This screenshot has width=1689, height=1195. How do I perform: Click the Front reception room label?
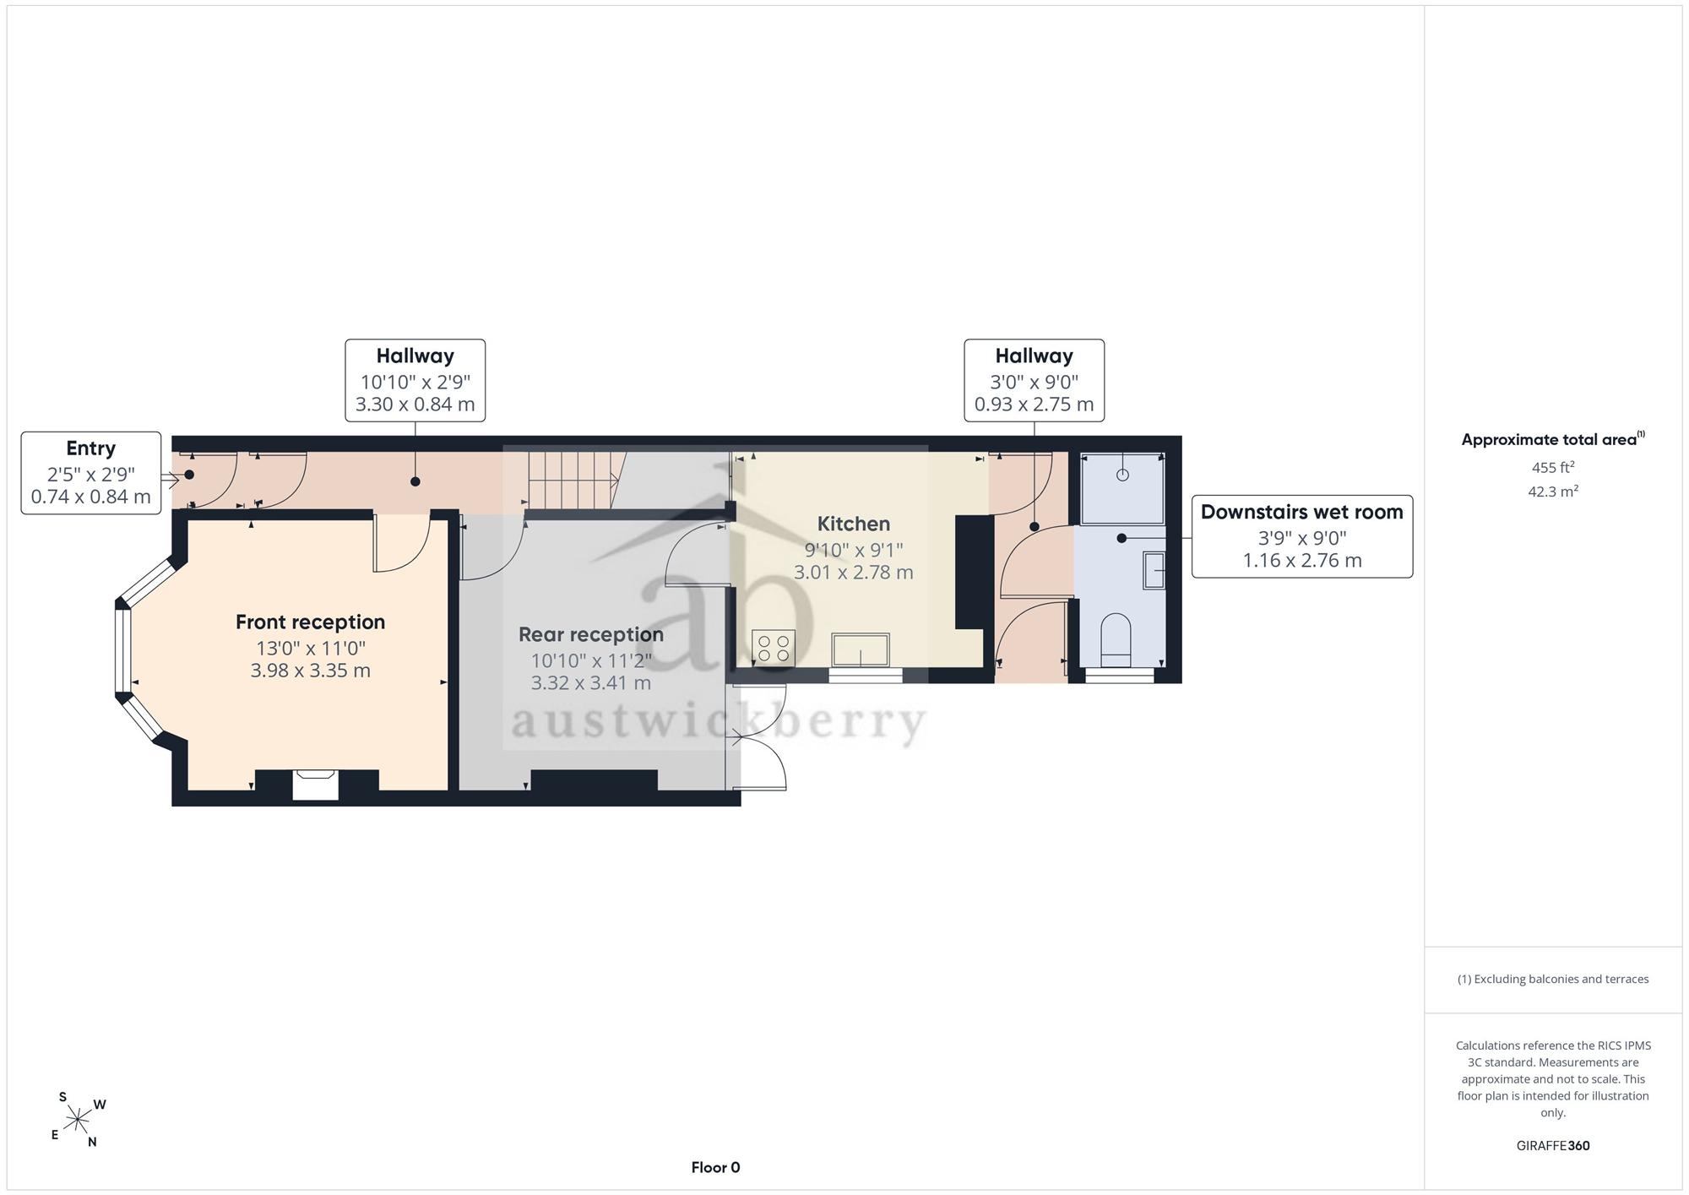point(310,622)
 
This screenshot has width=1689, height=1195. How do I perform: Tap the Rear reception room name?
point(591,635)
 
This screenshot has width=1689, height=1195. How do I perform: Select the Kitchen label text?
point(853,524)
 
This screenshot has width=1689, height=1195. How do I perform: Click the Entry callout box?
point(91,473)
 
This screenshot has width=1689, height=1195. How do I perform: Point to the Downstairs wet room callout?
point(1302,536)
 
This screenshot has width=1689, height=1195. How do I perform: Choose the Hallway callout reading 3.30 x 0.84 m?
point(415,380)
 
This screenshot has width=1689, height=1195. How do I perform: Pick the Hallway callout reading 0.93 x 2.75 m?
point(1035,380)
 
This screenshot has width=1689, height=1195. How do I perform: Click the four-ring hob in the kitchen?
point(774,648)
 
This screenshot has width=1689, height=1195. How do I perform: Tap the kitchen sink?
point(861,650)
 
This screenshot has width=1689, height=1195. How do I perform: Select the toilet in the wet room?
point(1116,640)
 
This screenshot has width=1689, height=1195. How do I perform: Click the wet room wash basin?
point(1154,570)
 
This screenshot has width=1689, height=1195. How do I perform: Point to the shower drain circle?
point(1122,475)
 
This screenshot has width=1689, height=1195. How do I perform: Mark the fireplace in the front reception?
point(316,785)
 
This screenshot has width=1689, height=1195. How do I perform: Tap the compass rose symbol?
point(77,1120)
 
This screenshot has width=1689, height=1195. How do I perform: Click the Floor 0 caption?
point(715,1168)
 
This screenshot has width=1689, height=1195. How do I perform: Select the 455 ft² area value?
point(1553,467)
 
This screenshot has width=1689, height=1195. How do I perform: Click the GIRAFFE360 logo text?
point(1553,1146)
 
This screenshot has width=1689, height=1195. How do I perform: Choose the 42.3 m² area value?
point(1553,491)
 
